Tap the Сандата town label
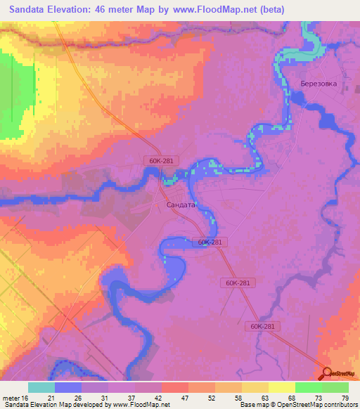point(181,204)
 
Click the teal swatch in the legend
point(41,387)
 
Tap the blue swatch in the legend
point(68,387)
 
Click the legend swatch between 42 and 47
point(175,387)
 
